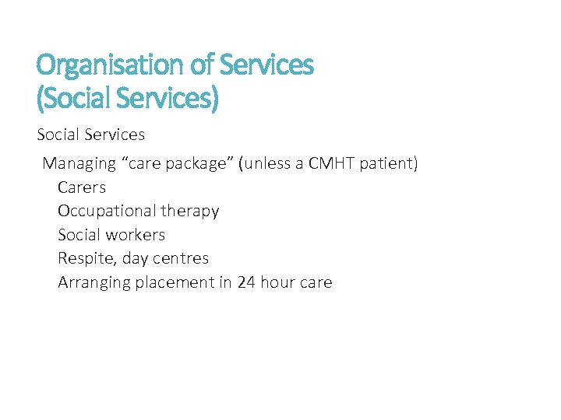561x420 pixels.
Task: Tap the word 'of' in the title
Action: (x=199, y=65)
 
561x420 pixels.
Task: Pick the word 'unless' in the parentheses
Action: (x=270, y=164)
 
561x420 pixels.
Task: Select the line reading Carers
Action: (x=82, y=187)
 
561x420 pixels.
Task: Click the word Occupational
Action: (x=107, y=211)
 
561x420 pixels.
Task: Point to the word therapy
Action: (x=190, y=212)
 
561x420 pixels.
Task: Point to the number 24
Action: (x=246, y=282)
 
